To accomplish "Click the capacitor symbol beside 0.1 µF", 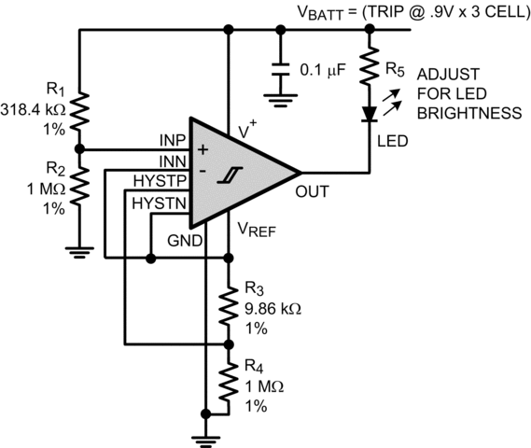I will tap(279, 70).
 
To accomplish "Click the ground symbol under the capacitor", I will tap(279, 95).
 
